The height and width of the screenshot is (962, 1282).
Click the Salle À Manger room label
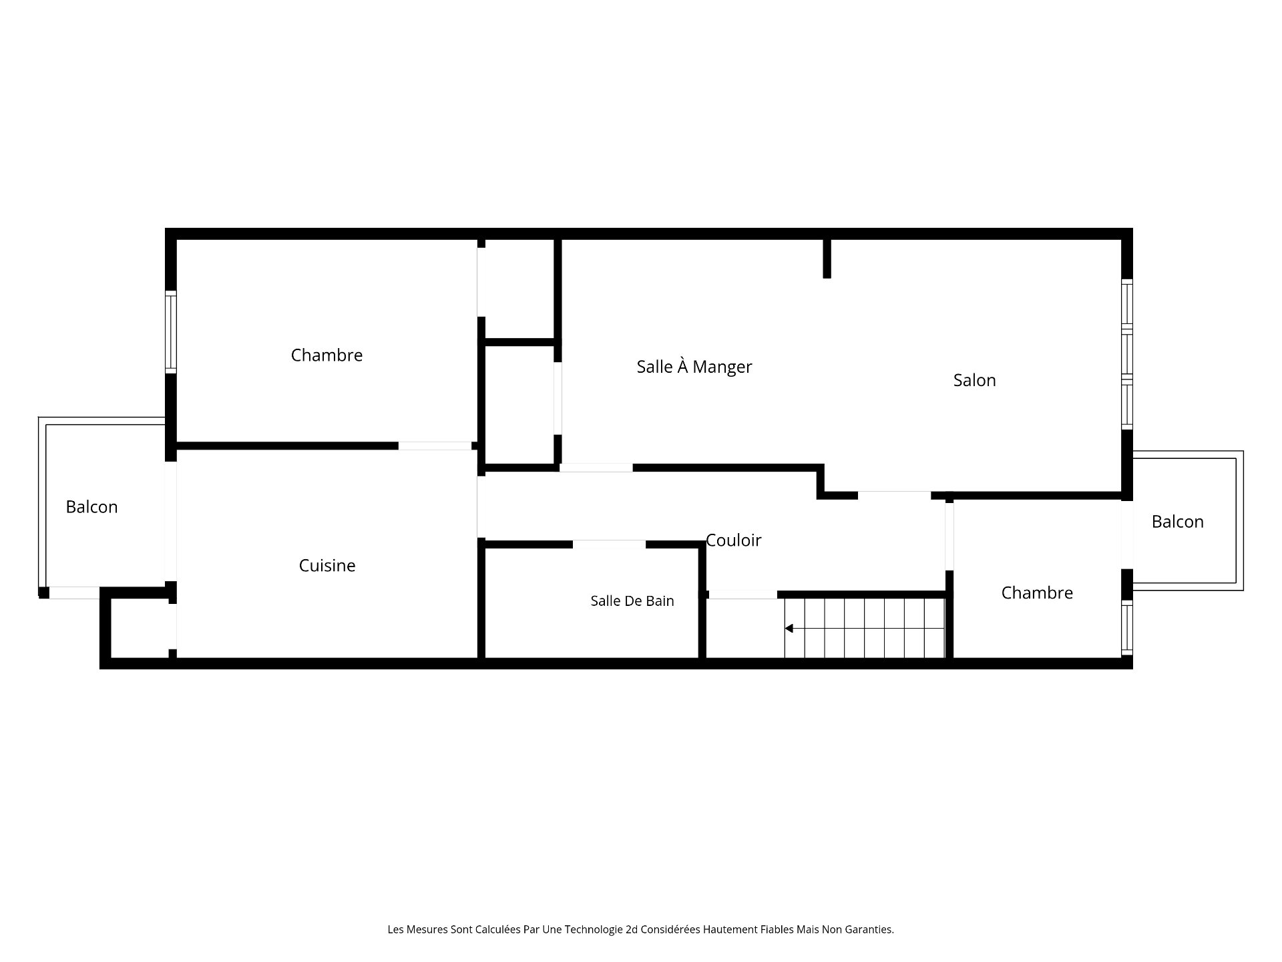[x=694, y=366]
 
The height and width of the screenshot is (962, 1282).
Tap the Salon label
[x=974, y=380]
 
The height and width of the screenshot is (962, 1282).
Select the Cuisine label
[x=327, y=565]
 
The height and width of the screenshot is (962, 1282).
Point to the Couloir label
[x=733, y=540]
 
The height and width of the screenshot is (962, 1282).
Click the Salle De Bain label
[x=632, y=601]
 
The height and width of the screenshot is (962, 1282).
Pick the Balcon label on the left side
[x=91, y=507]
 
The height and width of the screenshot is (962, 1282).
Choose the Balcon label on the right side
[x=1177, y=522]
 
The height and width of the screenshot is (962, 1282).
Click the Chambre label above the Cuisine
[x=327, y=355]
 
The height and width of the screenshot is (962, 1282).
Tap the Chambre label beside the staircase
[x=1037, y=593]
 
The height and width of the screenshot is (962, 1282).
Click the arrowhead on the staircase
[x=789, y=629]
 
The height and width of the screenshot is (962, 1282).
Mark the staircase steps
[x=865, y=628]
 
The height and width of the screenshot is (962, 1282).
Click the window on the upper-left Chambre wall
[x=171, y=332]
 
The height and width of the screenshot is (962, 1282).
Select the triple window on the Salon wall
[x=1127, y=354]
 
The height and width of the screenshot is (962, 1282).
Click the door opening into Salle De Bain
[x=609, y=544]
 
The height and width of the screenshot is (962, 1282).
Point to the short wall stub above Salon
[x=827, y=258]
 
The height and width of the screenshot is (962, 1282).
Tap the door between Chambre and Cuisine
[x=435, y=446]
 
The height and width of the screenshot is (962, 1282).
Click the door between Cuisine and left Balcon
[x=171, y=521]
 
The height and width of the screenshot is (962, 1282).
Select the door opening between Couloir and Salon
[x=894, y=496]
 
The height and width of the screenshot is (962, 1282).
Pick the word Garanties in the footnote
[x=871, y=929]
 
